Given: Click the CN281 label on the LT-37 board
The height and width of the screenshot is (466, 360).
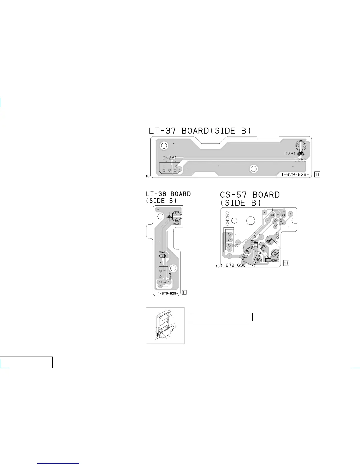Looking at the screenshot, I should point(169,158).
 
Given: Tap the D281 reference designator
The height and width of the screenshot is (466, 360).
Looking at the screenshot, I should point(290,154).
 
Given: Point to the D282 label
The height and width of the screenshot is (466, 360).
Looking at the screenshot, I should point(300,160).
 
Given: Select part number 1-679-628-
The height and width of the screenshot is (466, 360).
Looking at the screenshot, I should point(295,174).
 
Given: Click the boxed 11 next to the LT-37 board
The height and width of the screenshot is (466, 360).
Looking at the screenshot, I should point(317,174).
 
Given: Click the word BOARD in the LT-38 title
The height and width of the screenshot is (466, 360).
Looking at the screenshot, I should point(181,194).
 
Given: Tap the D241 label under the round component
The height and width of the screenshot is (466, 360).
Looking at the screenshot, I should point(176,224).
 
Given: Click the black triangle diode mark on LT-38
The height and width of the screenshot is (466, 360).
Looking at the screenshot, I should point(169,216).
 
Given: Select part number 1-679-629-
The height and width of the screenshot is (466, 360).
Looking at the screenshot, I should point(168,293).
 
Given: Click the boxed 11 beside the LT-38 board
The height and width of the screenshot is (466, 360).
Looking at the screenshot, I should point(184,292).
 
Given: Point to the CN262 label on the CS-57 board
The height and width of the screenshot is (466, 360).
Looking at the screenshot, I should point(228,218).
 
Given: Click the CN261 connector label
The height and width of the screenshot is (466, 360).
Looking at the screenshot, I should point(277,225).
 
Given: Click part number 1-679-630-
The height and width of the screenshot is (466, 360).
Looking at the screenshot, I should point(234,265).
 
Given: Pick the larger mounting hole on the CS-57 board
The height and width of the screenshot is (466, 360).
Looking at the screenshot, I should point(251,221).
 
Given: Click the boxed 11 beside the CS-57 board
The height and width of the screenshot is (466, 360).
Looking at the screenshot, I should point(286,263).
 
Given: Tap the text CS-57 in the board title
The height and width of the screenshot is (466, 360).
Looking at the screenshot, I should point(233,195).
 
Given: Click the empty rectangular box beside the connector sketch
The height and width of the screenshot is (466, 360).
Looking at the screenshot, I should point(221,317).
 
